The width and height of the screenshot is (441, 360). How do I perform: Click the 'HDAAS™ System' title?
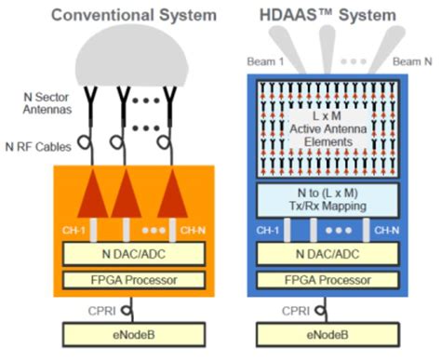331,14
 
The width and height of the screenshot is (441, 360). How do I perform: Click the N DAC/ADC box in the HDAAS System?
331,254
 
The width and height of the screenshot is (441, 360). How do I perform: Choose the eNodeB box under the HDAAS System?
331,333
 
